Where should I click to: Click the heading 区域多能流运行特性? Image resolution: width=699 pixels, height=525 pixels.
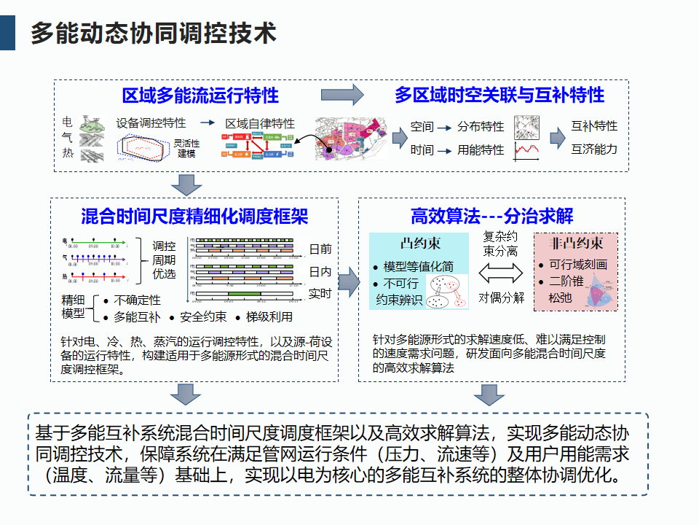(200, 96)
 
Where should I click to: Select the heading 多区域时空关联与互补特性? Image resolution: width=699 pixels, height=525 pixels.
(499, 96)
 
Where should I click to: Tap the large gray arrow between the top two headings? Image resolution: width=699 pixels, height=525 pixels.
(342, 95)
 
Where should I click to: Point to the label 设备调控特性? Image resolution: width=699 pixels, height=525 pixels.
(151, 123)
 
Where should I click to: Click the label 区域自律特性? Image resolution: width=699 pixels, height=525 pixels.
(260, 123)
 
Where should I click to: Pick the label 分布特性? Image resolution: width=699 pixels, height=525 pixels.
(481, 127)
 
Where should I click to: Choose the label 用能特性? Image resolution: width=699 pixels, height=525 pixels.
(481, 150)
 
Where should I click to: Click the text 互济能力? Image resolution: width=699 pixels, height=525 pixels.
(594, 149)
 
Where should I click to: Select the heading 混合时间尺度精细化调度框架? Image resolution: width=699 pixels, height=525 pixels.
(194, 217)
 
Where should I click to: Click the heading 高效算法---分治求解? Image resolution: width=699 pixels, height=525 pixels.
(492, 217)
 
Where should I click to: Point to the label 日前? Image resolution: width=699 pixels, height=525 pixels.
(320, 249)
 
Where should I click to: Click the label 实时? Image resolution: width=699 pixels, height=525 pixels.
(320, 294)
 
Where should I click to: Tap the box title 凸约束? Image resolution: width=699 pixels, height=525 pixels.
(421, 244)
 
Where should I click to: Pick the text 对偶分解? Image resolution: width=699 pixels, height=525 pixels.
(501, 297)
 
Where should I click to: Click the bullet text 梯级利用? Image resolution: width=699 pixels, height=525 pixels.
(269, 317)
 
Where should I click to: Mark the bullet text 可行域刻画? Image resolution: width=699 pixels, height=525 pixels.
(578, 265)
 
